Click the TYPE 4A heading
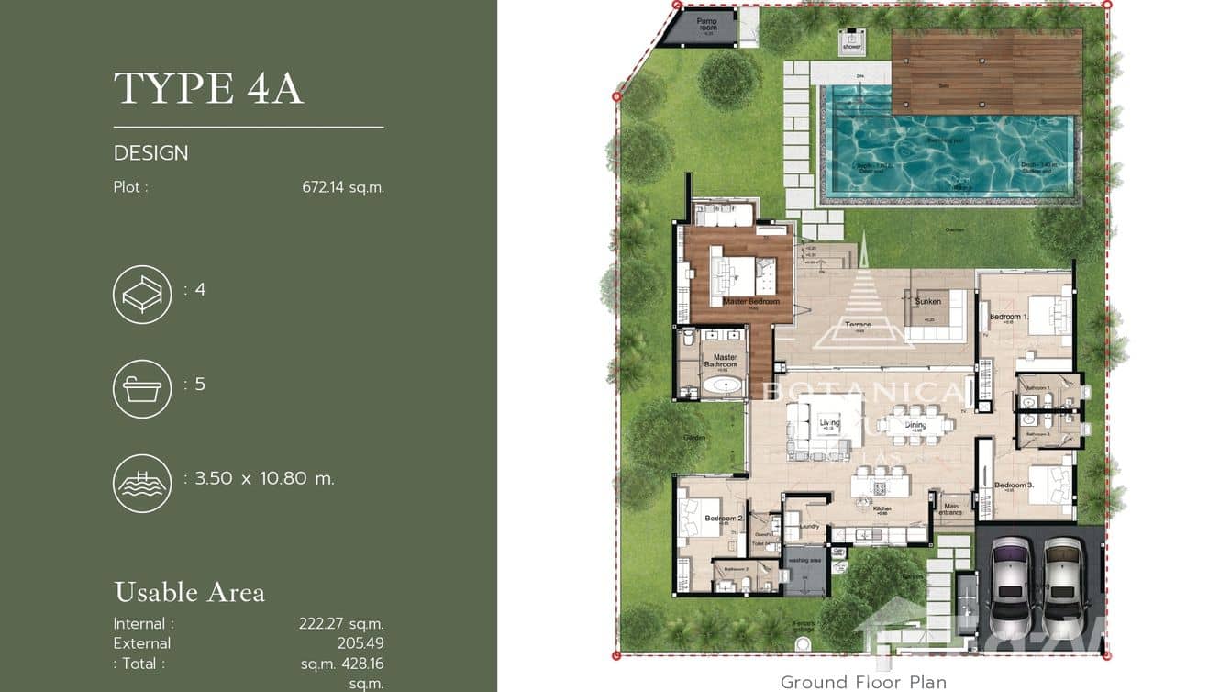208,88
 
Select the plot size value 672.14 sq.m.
342,187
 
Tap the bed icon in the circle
142,295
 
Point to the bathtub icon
142,389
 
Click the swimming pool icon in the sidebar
142,483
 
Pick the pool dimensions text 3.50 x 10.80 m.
264,478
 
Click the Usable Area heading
189,592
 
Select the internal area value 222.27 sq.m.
340,623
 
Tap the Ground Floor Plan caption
862,682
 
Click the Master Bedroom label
750,302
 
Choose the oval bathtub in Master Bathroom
722,385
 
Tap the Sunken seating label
927,301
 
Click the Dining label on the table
915,426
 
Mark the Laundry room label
808,527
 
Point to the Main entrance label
950,508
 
